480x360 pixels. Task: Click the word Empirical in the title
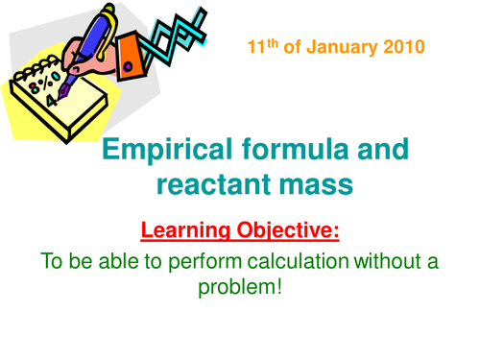click(x=163, y=150)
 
